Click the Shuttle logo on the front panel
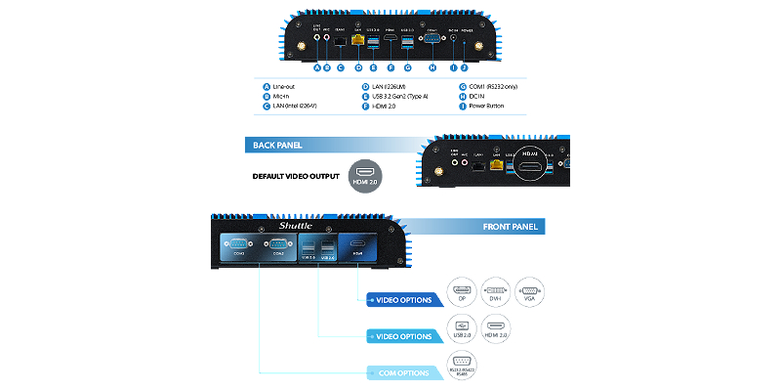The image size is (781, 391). click(294, 225)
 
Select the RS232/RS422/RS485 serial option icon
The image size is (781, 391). click(461, 365)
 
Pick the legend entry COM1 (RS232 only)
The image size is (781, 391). click(499, 86)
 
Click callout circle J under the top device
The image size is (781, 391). click(464, 67)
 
